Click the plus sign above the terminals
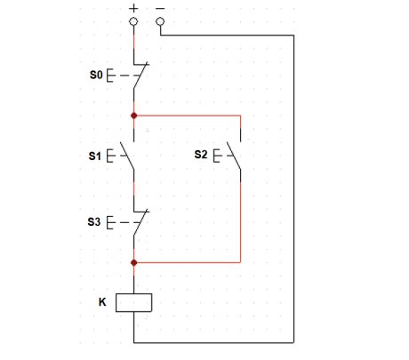[133, 8]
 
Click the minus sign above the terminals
[160, 9]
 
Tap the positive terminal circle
[133, 21]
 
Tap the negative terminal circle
[160, 21]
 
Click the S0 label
[96, 75]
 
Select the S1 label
[95, 156]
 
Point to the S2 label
[201, 155]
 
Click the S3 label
[94, 221]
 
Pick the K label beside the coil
[102, 302]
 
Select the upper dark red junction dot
[134, 116]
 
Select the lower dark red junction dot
[134, 262]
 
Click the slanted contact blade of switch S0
[140, 75]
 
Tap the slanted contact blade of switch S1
[127, 156]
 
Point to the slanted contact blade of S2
[234, 156]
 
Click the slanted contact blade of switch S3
[140, 222]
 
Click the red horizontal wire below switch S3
[188, 262]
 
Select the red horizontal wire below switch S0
[188, 116]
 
